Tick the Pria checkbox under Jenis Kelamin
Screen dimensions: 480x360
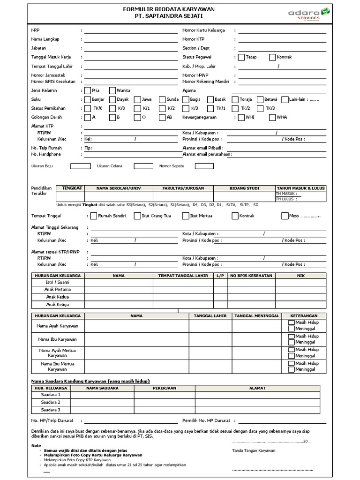(x=87, y=90)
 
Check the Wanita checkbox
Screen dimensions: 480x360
(x=112, y=90)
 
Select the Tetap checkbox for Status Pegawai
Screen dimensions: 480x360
(x=241, y=57)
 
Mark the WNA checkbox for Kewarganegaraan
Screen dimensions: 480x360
(x=272, y=117)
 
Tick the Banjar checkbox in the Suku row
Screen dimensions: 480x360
(x=87, y=99)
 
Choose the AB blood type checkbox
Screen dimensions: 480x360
(x=162, y=117)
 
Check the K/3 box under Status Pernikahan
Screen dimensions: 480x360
(x=186, y=108)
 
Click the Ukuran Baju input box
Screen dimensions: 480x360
(x=80, y=166)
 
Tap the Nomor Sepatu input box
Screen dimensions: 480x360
(x=204, y=166)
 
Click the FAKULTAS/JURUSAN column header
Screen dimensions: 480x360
(x=183, y=188)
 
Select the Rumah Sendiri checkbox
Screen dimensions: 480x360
(x=94, y=216)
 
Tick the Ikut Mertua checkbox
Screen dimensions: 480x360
(x=185, y=216)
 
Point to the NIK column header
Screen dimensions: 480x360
(x=300, y=275)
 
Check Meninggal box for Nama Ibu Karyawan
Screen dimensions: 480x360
(x=291, y=342)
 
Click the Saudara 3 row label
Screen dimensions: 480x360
(x=51, y=410)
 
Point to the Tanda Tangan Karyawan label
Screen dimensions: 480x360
(x=254, y=450)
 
